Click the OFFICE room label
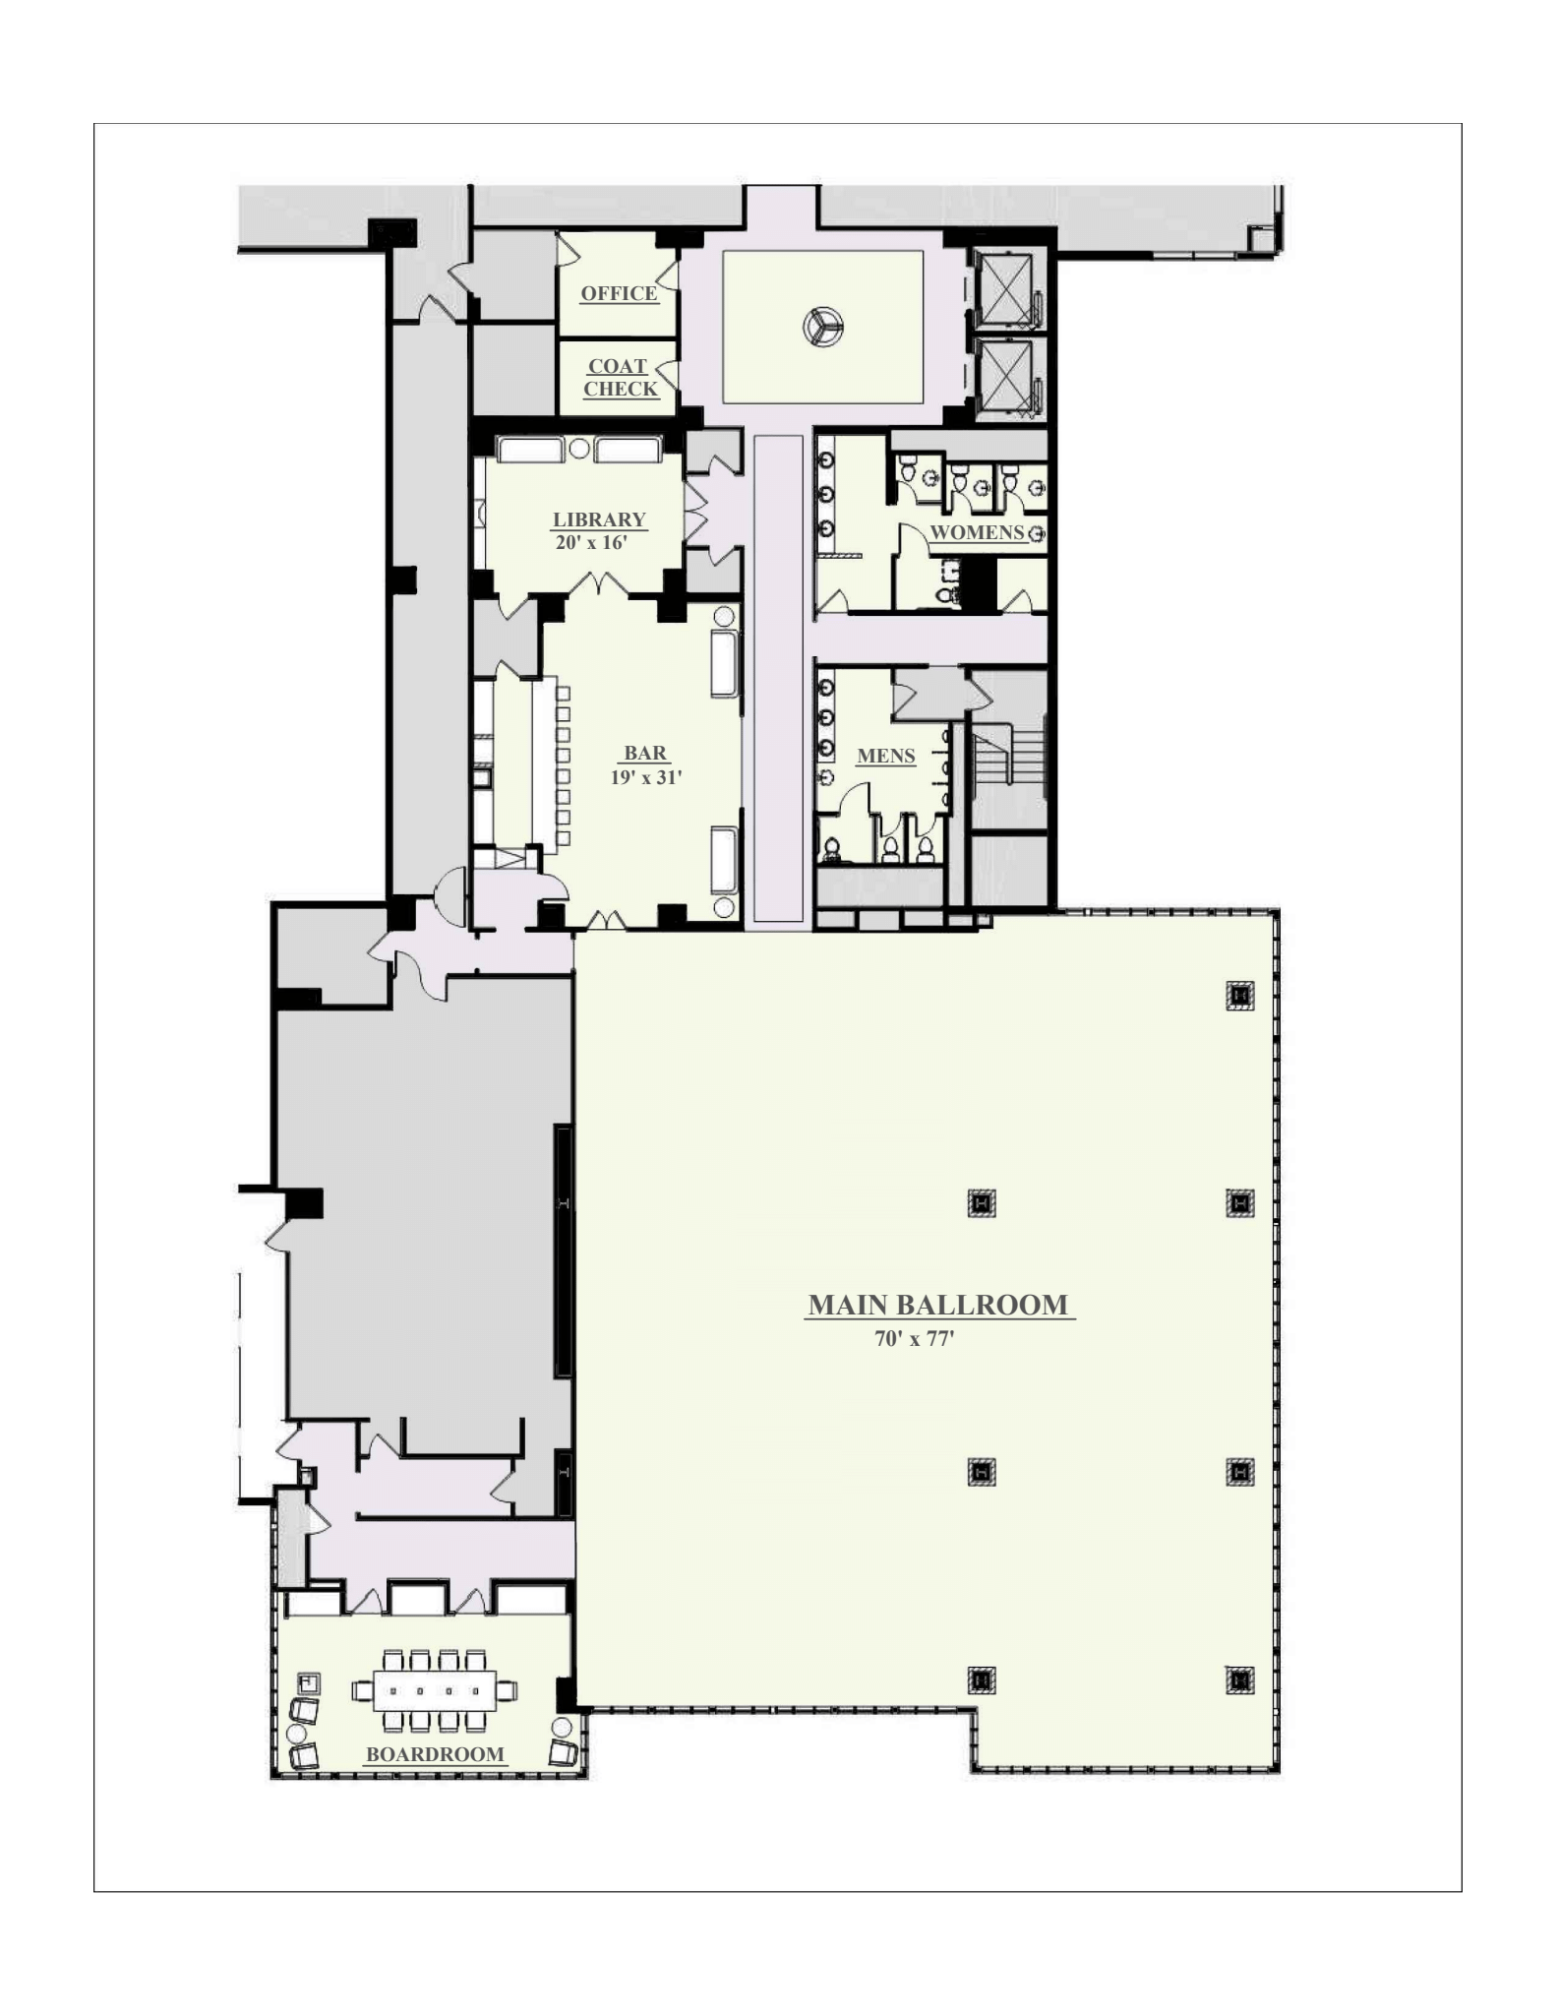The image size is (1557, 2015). (x=619, y=293)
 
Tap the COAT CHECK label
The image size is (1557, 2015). (x=620, y=378)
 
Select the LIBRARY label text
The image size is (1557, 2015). (x=599, y=519)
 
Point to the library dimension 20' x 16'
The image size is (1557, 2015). (x=591, y=542)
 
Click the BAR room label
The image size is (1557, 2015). (x=645, y=754)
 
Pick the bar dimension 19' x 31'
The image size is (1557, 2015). (x=646, y=776)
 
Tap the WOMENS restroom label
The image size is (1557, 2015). (x=978, y=532)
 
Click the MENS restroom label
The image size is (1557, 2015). (x=886, y=756)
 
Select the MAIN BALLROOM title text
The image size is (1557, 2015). (x=938, y=1305)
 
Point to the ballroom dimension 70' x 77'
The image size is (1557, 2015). (x=915, y=1338)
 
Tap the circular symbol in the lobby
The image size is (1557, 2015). (x=822, y=327)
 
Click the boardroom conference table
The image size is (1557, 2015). (x=433, y=1691)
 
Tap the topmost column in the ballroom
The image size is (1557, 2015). (x=1240, y=997)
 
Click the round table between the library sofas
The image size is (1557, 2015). (x=579, y=450)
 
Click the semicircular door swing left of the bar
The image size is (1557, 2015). (x=449, y=896)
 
